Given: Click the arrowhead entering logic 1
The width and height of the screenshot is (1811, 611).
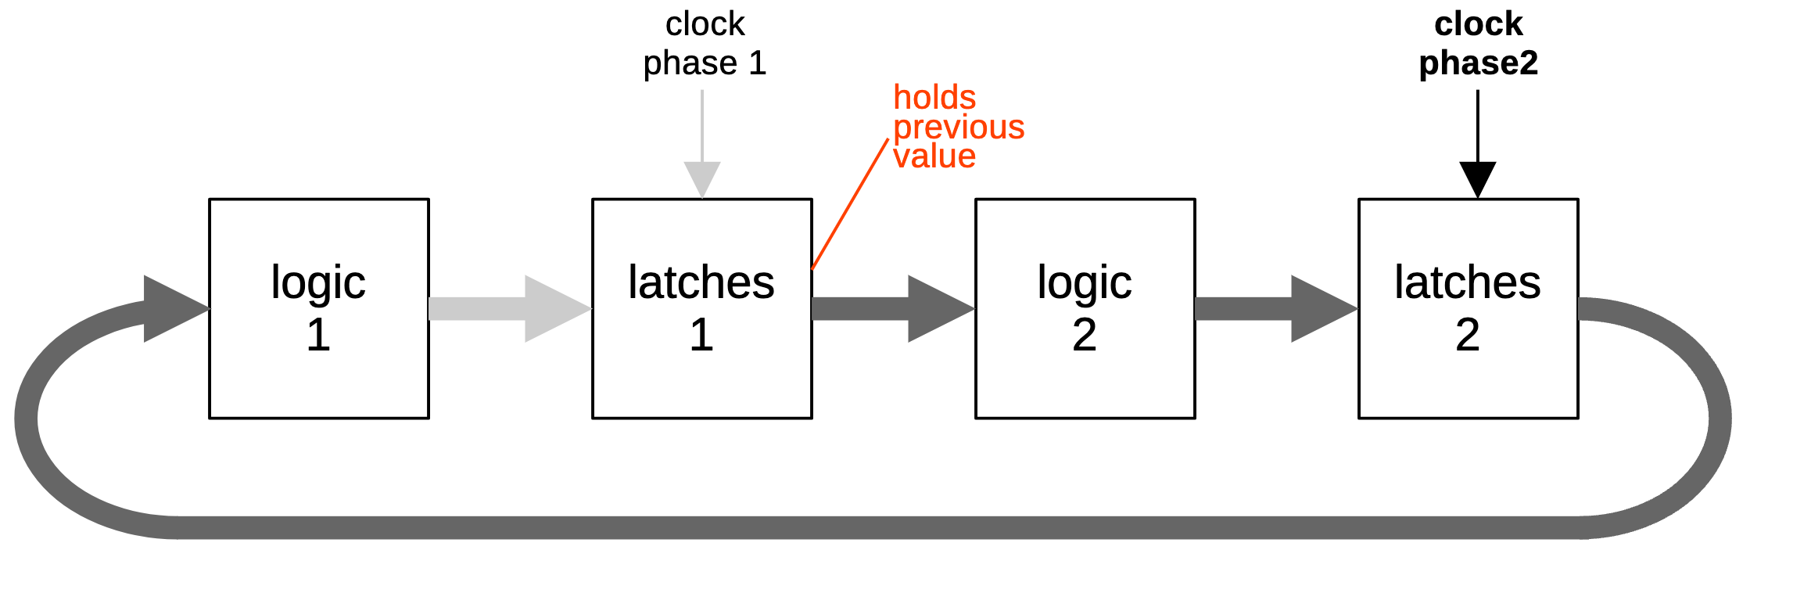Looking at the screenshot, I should coord(172,309).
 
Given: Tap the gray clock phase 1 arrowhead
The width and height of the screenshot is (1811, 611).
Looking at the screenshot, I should coord(702,178).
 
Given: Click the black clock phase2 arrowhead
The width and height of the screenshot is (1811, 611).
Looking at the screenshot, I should coord(1478,178).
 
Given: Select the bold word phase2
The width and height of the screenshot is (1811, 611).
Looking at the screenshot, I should coord(1478,63).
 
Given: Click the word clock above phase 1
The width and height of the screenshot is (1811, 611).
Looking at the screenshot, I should coord(705,24).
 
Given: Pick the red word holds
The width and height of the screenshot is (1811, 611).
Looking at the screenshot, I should coord(934,98).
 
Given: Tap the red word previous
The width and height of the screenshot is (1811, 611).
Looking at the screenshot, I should coord(959,128).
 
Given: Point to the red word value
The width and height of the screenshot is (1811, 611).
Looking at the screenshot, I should coord(934,156).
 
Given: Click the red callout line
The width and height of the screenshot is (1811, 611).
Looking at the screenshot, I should coord(851,203).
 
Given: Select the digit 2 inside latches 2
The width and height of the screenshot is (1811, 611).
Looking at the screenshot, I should coord(1468,335).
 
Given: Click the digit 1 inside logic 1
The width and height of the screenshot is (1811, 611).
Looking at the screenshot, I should coord(318,335).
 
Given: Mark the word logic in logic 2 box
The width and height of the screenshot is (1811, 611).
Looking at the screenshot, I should coord(1085,283).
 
